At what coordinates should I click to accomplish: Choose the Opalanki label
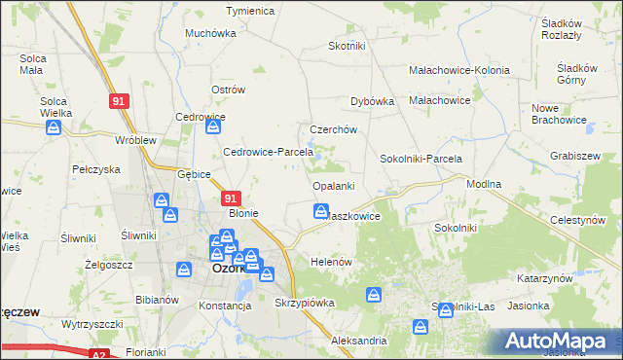[x=333, y=185]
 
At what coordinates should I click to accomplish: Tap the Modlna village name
[x=483, y=183]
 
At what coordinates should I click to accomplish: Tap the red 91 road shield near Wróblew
[x=118, y=101]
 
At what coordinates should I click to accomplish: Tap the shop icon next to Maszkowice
[x=320, y=210]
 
